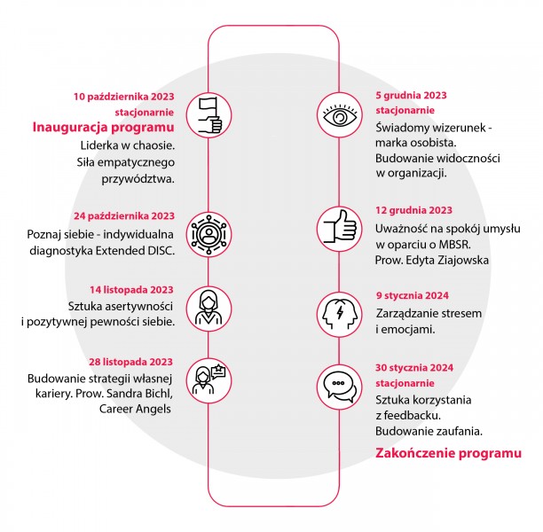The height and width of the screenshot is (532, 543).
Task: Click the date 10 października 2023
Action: click(x=123, y=97)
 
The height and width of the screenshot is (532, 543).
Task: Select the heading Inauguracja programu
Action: click(x=103, y=128)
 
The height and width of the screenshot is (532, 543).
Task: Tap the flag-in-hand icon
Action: click(x=209, y=115)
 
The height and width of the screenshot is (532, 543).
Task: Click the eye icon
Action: click(x=340, y=115)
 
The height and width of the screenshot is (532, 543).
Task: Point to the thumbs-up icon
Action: click(x=340, y=229)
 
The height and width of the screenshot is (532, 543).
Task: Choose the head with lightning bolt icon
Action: click(x=340, y=315)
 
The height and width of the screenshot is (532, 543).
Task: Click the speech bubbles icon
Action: click(x=340, y=387)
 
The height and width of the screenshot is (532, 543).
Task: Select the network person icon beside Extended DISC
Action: click(x=209, y=234)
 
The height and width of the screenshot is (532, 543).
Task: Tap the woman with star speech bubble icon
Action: click(x=209, y=380)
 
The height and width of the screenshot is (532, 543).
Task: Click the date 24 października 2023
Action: click(x=124, y=216)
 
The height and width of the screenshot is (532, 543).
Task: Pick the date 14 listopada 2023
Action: click(x=131, y=290)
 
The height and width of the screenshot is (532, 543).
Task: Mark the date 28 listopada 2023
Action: click(x=131, y=362)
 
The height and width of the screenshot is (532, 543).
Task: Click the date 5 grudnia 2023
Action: click(x=411, y=95)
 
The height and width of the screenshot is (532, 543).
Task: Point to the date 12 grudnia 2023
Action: click(x=413, y=210)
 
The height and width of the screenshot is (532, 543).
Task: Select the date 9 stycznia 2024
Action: click(x=413, y=295)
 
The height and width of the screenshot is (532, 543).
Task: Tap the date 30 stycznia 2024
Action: click(x=414, y=368)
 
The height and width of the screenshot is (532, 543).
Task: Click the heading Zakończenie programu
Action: click(x=448, y=453)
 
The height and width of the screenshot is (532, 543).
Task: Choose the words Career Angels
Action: click(x=135, y=409)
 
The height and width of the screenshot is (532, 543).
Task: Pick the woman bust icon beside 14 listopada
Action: click(x=209, y=309)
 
